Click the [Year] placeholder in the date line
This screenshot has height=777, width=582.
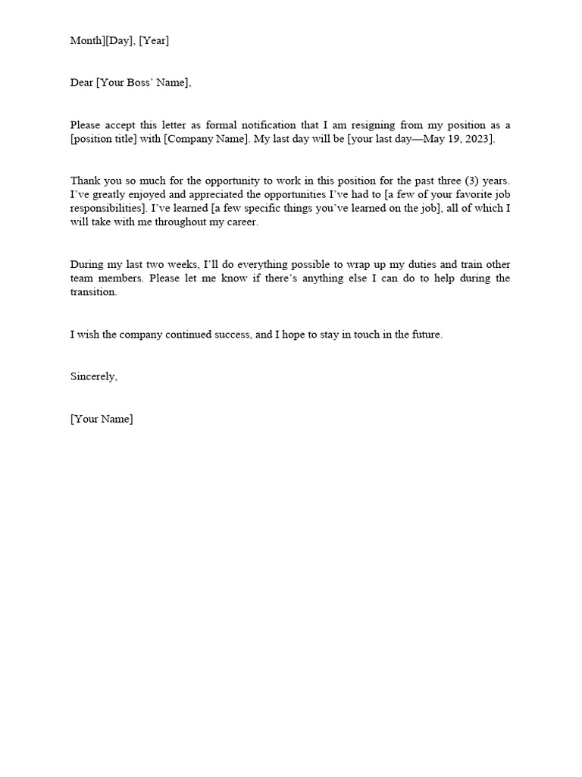[154, 41]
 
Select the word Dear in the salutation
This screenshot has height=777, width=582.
[82, 83]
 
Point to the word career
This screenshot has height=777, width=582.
[240, 223]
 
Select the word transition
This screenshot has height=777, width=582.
[94, 292]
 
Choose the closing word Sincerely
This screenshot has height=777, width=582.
[94, 376]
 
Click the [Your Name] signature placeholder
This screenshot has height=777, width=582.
[102, 419]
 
